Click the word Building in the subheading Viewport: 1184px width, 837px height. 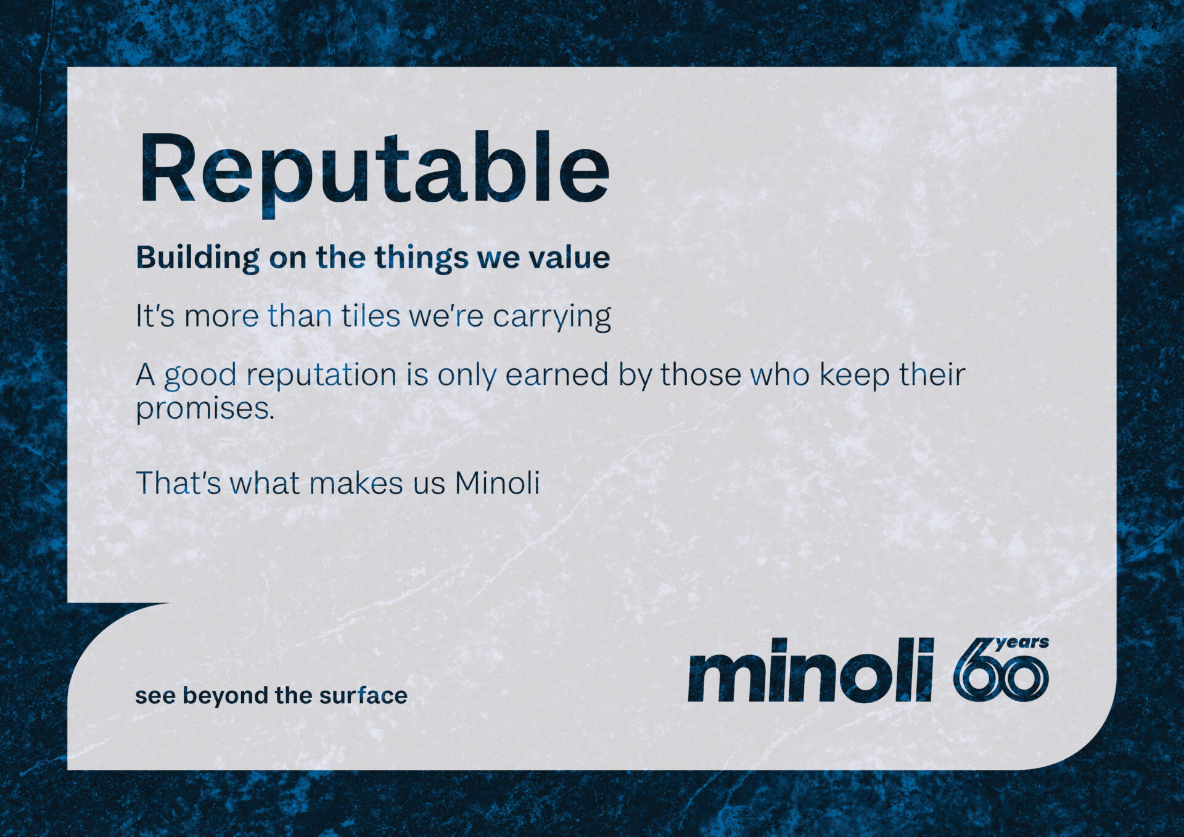pyautogui.click(x=198, y=258)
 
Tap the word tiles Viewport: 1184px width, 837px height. pyautogui.click(x=371, y=316)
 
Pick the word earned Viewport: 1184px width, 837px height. pyautogui.click(x=557, y=374)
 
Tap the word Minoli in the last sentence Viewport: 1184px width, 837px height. pyautogui.click(x=497, y=482)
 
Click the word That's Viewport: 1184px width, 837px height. pyautogui.click(x=178, y=482)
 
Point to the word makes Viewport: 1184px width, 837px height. pyautogui.click(x=356, y=482)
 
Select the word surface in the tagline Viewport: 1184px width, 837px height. pyautogui.click(x=363, y=696)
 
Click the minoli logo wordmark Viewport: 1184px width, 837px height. pyautogui.click(x=811, y=670)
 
